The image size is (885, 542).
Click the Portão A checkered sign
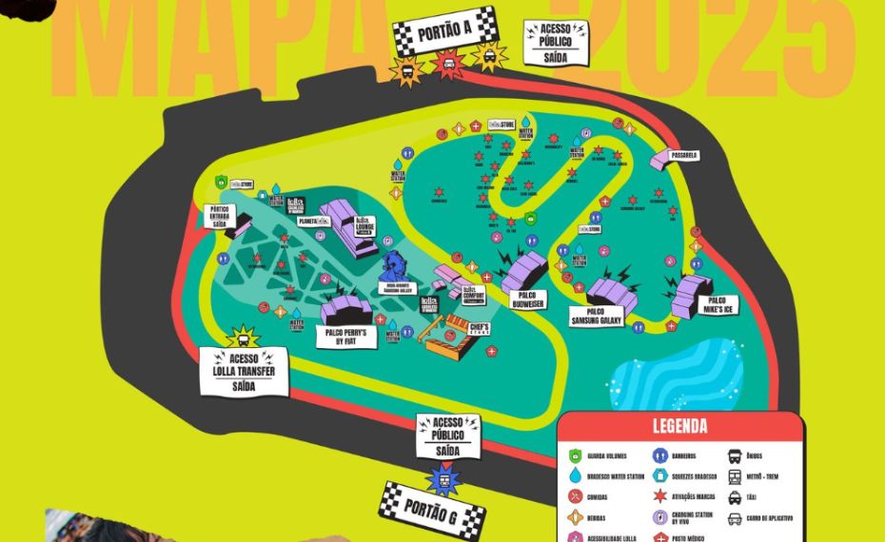pos(445,32)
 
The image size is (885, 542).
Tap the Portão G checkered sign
pos(432,510)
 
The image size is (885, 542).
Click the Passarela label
pos(683,155)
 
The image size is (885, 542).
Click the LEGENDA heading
pos(679,427)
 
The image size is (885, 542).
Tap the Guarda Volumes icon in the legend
pos(574,456)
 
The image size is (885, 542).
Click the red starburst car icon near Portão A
pos(447,65)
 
